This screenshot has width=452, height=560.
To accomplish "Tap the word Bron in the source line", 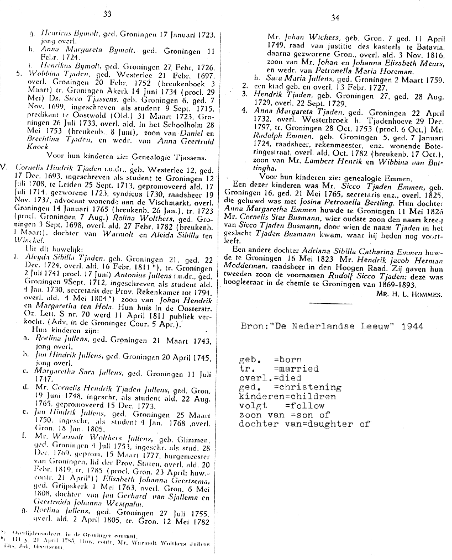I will pos(253,326).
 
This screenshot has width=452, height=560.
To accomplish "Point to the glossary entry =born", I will pos(287,360).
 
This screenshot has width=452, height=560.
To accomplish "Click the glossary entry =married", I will pos(296,368).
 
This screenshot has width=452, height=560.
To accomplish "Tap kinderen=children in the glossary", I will pos(287,397).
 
